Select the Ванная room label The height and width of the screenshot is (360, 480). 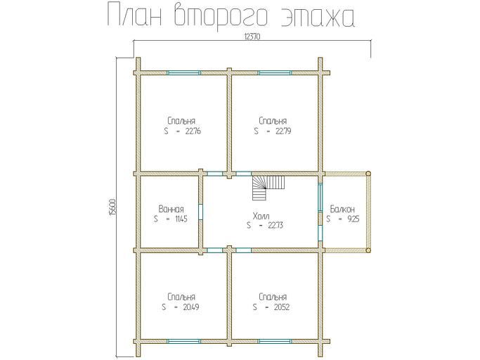[171, 209]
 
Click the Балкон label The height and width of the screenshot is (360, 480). [342, 209]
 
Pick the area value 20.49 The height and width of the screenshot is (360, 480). [190, 307]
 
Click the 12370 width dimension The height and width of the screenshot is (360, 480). [252, 37]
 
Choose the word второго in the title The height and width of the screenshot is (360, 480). [217, 16]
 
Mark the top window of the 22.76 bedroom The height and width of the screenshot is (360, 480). [183, 72]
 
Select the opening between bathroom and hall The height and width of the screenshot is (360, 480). [202, 212]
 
